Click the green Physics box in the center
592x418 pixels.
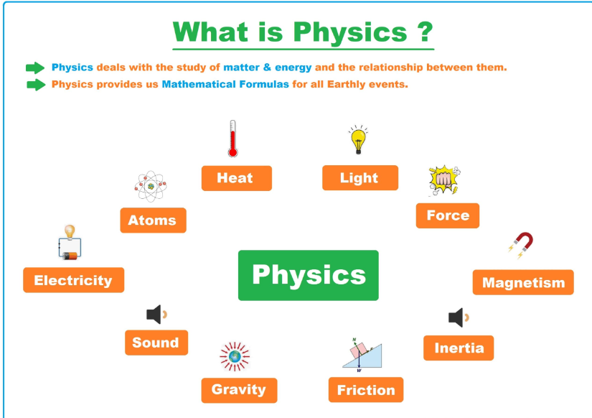(308, 275)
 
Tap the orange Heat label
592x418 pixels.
(236, 178)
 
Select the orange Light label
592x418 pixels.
(360, 177)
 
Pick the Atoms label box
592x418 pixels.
(153, 220)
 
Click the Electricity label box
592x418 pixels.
(73, 280)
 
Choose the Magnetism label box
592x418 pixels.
(523, 282)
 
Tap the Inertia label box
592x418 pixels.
(459, 348)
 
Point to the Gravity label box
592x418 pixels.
(239, 390)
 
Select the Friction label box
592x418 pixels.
(366, 390)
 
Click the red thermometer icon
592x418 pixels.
(232, 139)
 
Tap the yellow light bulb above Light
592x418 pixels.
(358, 140)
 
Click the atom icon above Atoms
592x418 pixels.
(151, 186)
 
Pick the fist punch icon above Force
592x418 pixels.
(444, 180)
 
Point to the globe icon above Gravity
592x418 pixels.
(235, 356)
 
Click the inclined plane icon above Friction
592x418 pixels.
(362, 355)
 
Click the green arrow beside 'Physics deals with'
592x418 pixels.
(35, 68)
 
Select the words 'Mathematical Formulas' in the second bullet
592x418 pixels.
(225, 84)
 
